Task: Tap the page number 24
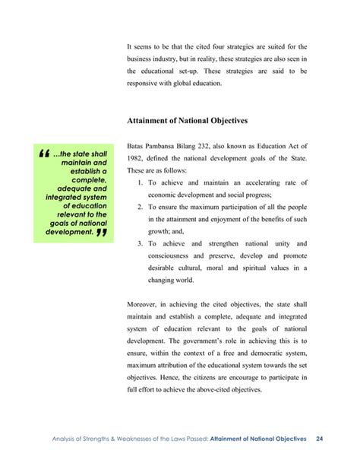click(x=320, y=439)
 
